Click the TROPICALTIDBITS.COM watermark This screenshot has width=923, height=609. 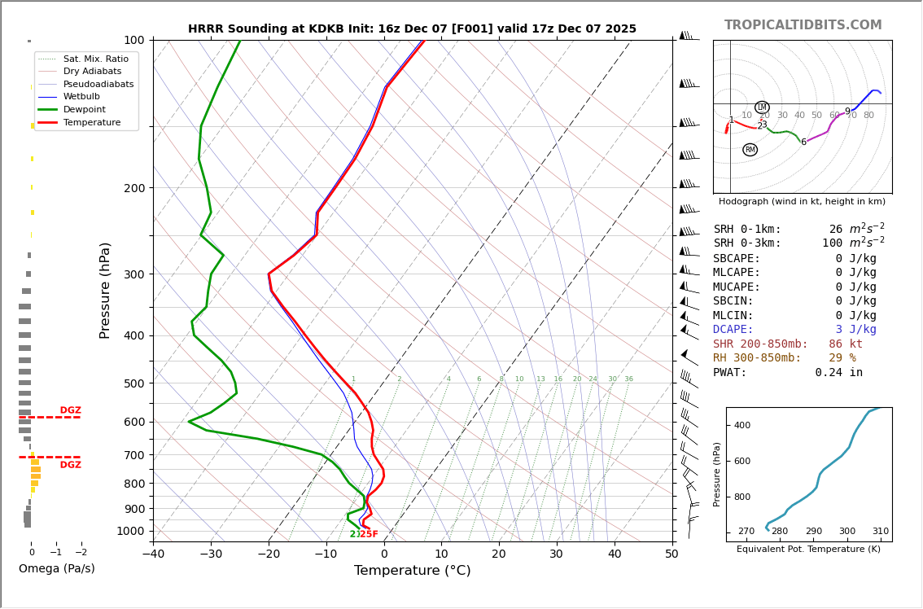[x=803, y=25]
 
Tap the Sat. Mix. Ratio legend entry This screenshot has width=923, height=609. [x=95, y=59]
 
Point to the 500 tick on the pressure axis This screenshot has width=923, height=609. [x=133, y=383]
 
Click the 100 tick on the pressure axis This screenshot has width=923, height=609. [x=133, y=40]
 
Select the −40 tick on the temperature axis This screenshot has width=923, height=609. [x=153, y=554]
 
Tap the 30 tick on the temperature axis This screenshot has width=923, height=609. [x=557, y=554]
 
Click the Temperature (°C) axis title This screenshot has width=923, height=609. [x=412, y=571]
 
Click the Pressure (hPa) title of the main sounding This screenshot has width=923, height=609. [x=105, y=290]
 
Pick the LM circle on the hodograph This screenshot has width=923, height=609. [x=762, y=107]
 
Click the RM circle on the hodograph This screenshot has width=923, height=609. [x=750, y=150]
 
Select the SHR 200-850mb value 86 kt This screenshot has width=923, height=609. [x=846, y=344]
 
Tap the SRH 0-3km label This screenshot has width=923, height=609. [x=747, y=243]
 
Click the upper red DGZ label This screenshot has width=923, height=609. [x=70, y=410]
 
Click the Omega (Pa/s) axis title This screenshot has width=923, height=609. [x=56, y=569]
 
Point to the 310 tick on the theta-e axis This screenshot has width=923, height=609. [x=880, y=532]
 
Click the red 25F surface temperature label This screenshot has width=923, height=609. [x=369, y=534]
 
